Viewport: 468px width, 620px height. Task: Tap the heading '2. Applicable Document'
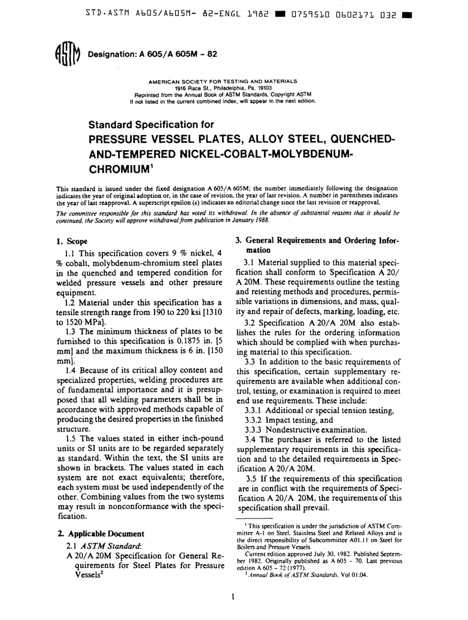click(x=100, y=533)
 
